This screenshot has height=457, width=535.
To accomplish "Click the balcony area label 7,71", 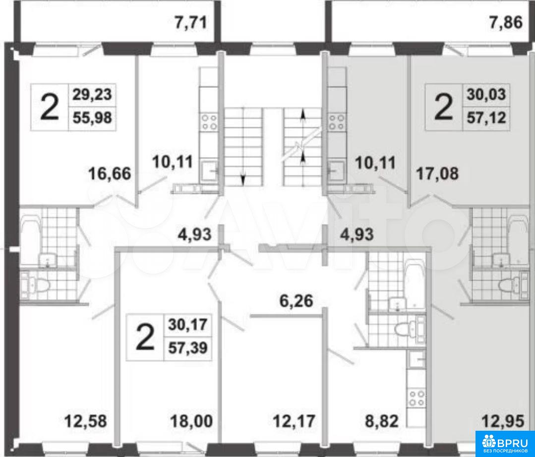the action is coord(191,23).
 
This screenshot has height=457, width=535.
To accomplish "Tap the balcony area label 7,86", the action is coord(506,23).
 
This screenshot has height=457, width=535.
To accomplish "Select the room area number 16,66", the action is coord(110,174).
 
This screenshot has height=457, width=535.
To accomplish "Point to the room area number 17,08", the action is coord(437,173).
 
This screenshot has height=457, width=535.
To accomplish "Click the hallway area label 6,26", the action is coord(295,301).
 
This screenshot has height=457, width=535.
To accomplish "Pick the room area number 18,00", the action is coord(191,421).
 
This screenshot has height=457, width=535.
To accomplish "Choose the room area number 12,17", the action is coord(294,421).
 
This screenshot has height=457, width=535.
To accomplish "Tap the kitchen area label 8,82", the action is coord(381,421).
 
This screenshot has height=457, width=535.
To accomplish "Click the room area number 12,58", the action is coord(86,421).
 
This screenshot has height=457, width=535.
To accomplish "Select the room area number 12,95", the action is coord(503,421).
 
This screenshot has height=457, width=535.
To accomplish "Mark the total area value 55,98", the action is coord(92,118).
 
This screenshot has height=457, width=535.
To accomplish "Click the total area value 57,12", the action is coord(486,118).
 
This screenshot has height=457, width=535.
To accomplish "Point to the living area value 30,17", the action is coord(187,324).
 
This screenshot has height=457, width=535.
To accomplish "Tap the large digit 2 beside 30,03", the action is coord(443,107).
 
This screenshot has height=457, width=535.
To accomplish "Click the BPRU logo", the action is coord(505,444).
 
